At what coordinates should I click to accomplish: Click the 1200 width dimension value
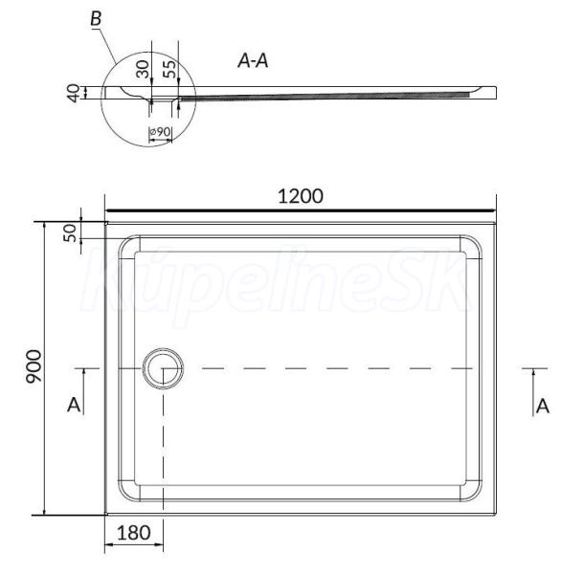[x=301, y=196]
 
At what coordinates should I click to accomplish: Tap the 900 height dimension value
[x=34, y=366]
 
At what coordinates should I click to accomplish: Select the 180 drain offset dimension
[x=133, y=533]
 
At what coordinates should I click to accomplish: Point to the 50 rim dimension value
[x=70, y=233]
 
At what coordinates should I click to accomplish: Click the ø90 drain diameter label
[x=160, y=131]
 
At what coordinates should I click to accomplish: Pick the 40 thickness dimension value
[x=74, y=93]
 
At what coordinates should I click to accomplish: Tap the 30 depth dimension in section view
[x=143, y=69]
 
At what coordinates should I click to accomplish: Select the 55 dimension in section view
[x=168, y=69]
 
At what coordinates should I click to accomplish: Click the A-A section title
[x=253, y=60]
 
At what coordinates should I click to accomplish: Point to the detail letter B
[x=96, y=18]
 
